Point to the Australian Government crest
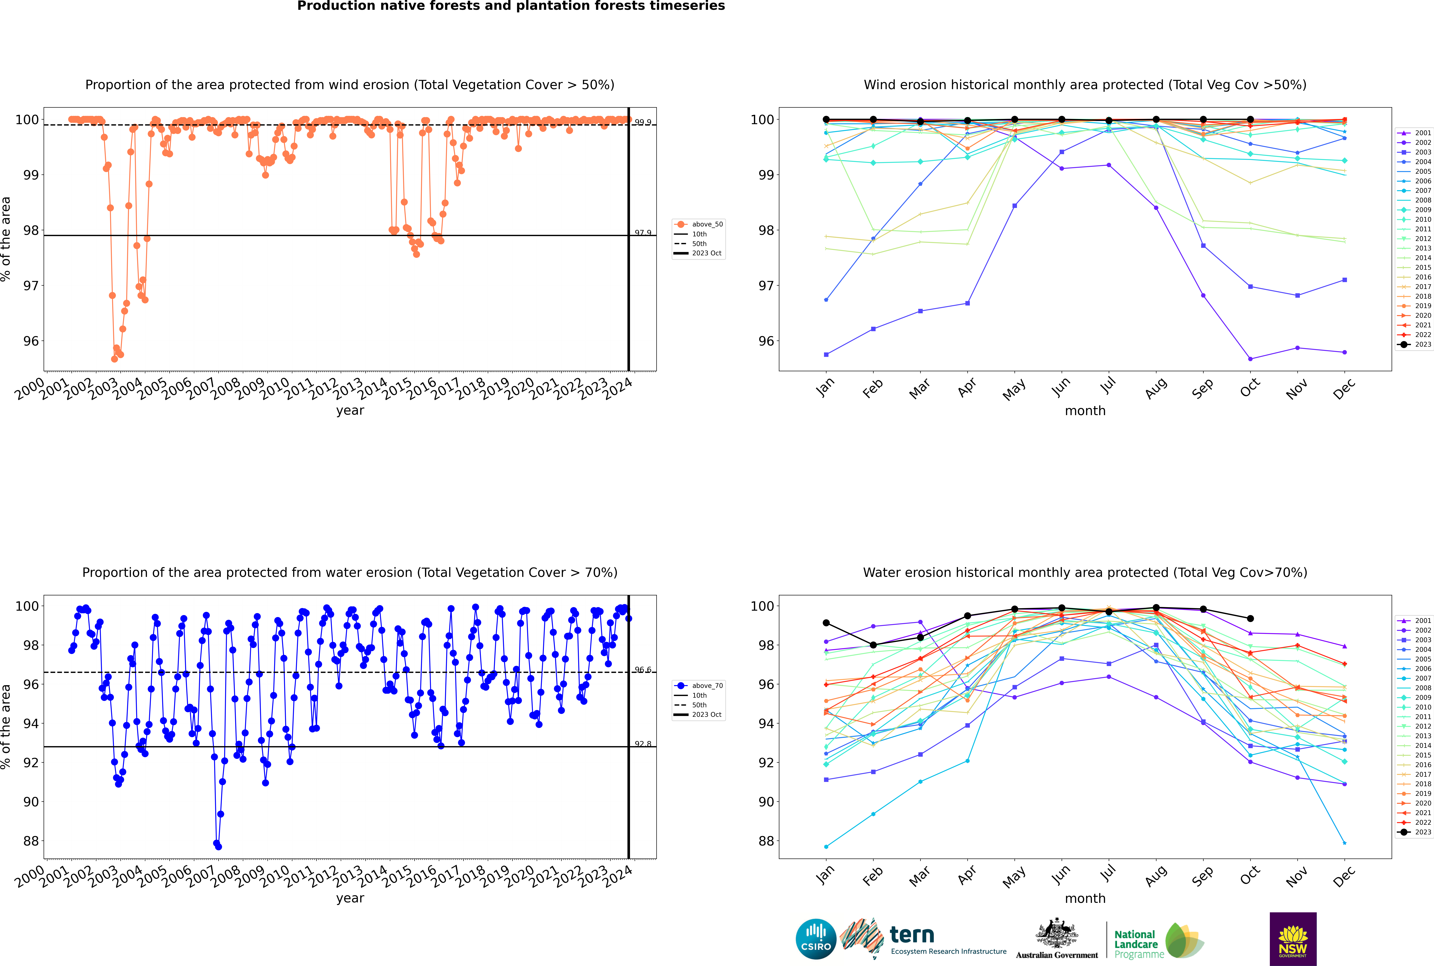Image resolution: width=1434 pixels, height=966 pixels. point(1057,933)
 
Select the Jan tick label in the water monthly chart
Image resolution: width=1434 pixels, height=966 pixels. point(825,875)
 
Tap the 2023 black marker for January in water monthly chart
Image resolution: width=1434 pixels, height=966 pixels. point(826,623)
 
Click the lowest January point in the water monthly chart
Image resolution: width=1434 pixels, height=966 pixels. point(826,846)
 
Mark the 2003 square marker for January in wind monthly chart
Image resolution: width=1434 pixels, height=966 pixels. point(826,354)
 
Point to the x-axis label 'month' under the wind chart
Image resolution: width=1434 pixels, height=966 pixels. point(1085,411)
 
